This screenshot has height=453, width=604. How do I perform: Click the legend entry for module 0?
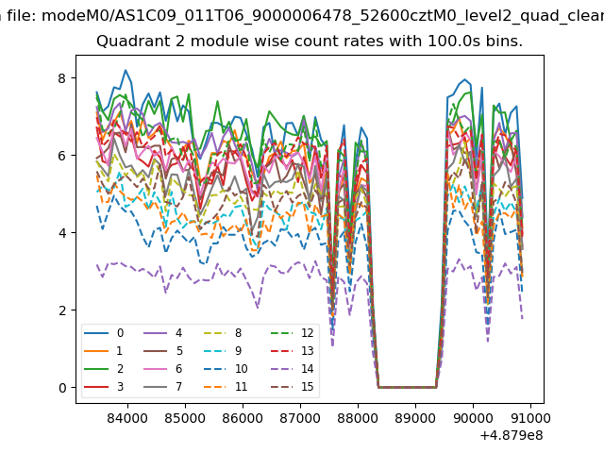106,333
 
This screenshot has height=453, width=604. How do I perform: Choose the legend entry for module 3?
106,387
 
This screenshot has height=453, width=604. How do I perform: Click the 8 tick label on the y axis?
63,78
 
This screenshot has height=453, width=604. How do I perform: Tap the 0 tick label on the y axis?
63,388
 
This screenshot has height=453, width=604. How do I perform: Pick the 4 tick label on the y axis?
63,233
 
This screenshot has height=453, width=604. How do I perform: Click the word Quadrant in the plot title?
129,42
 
